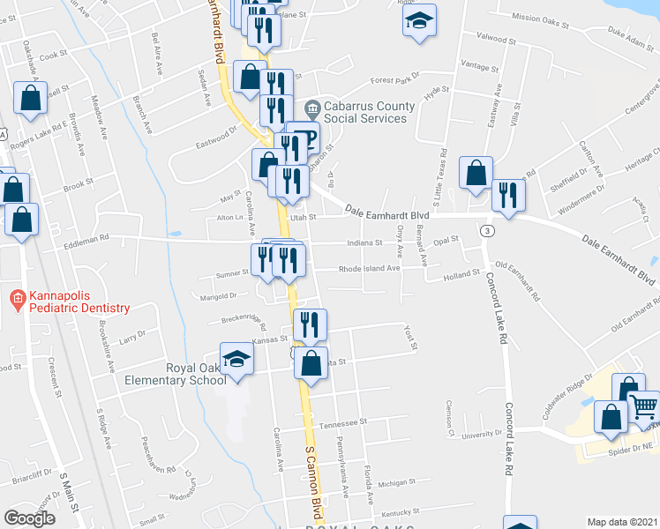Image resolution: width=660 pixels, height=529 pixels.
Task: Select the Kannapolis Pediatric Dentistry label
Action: pos(77,302)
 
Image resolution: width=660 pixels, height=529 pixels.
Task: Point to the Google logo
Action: pos(29,518)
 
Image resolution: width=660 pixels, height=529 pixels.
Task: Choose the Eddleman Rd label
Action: pos(91,237)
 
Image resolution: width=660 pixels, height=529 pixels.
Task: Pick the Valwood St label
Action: pos(495,40)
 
